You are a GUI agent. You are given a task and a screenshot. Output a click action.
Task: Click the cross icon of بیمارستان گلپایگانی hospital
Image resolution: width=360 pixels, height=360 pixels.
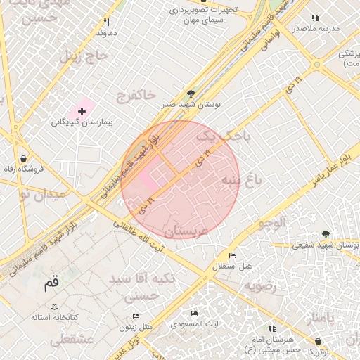[x=82, y=111]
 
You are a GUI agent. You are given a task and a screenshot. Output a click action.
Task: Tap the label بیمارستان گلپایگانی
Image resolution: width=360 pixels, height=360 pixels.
[x=82, y=122]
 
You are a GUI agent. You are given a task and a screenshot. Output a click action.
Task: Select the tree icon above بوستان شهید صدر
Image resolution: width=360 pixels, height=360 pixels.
[x=191, y=93]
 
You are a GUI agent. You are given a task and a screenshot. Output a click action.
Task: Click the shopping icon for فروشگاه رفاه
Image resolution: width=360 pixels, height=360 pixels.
[x=24, y=158]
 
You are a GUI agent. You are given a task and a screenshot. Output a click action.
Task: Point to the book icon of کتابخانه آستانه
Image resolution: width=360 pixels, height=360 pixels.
[x=54, y=307]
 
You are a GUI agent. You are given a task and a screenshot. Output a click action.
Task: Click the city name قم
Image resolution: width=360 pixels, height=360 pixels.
[x=51, y=284]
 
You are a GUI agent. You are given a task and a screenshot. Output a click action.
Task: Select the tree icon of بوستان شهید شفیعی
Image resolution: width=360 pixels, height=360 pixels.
[x=325, y=234]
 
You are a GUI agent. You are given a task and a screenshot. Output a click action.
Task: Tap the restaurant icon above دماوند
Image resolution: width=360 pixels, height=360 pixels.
[x=106, y=22]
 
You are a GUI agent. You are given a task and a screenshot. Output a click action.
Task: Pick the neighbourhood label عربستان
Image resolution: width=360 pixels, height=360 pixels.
[x=186, y=231]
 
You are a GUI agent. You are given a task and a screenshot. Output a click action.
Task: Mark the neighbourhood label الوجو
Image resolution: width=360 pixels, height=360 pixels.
[x=272, y=224]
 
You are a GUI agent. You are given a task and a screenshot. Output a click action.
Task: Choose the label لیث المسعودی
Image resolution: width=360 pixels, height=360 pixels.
[x=198, y=324]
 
